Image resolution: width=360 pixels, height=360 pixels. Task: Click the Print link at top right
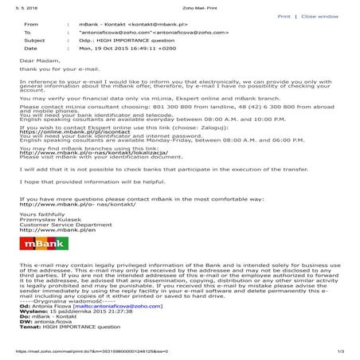click(x=284, y=15)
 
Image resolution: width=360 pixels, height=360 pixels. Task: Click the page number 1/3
click(x=340, y=351)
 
